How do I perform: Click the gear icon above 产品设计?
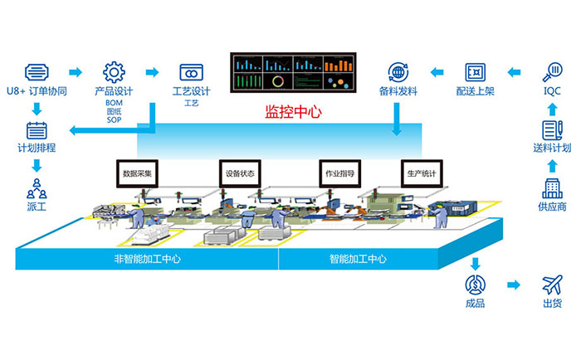pyautogui.click(x=113, y=71)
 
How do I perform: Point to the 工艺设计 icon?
pyautogui.click(x=193, y=71)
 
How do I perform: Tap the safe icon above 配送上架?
pyautogui.click(x=475, y=71)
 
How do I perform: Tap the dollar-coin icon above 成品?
pyautogui.click(x=475, y=285)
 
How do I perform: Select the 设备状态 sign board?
pyautogui.click(x=240, y=174)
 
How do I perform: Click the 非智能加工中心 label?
pyautogui.click(x=147, y=258)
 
